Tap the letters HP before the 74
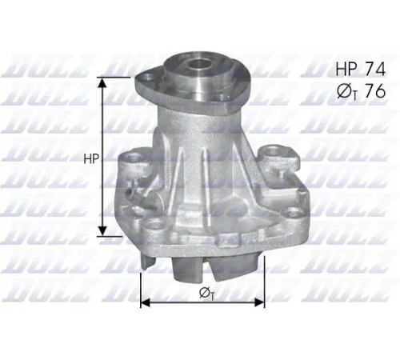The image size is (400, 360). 346,69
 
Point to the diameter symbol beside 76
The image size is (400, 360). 346,91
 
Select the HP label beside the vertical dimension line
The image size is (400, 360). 91,159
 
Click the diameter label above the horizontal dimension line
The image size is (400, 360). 207,294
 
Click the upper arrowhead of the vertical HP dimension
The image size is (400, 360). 102,82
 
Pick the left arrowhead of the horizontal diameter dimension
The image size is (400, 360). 146,302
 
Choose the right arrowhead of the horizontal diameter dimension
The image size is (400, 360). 259,302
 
